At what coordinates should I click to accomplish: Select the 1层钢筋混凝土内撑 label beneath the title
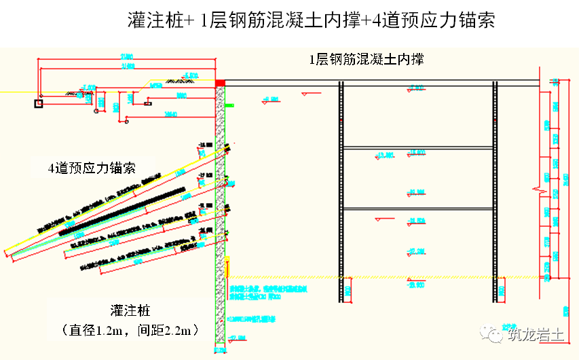(x=366, y=59)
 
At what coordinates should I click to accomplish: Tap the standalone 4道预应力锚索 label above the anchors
(x=92, y=168)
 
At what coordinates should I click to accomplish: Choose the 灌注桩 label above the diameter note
(x=130, y=311)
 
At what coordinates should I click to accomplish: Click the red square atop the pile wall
(x=220, y=82)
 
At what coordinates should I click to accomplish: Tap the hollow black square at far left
(x=39, y=103)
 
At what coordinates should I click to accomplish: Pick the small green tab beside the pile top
(x=229, y=105)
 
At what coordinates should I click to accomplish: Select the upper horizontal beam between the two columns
(x=418, y=147)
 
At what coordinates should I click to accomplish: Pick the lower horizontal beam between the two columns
(x=418, y=208)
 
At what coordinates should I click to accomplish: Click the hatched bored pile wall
(x=220, y=204)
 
